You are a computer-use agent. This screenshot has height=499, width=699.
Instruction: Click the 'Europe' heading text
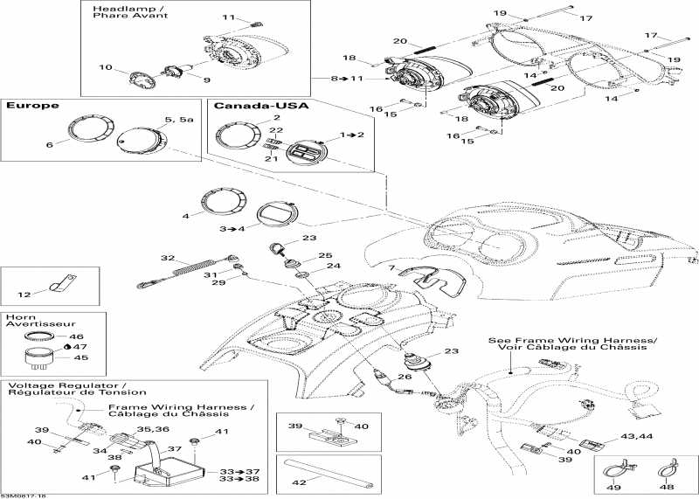tap(33, 106)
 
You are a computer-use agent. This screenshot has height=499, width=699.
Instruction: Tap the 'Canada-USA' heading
tap(254, 106)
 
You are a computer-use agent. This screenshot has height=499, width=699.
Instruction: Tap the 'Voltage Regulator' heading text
tap(66, 385)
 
